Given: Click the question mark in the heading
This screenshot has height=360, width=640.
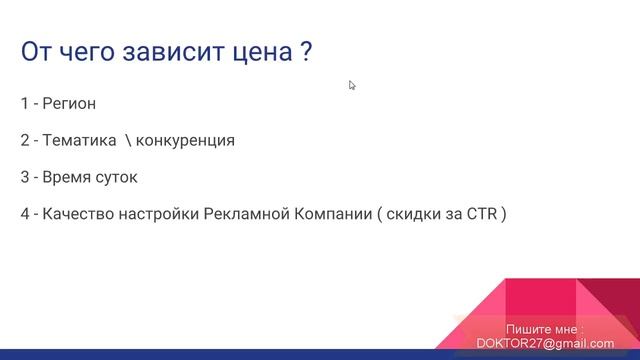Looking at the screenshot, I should [x=305, y=52].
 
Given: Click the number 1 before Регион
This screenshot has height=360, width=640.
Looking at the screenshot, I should [x=23, y=103].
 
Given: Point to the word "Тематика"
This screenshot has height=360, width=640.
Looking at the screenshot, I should [x=79, y=140].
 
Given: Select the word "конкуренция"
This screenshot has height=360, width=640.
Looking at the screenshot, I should [x=185, y=140].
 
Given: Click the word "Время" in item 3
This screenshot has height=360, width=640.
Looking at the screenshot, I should [x=65, y=177].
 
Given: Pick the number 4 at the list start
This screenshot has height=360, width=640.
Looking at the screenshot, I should [x=24, y=214].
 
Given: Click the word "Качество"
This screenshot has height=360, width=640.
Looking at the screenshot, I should [x=76, y=214].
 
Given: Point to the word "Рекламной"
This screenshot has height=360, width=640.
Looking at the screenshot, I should [x=245, y=214].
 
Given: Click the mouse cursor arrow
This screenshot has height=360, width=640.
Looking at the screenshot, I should [x=352, y=85].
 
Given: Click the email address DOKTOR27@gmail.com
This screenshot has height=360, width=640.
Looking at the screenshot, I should [x=546, y=343].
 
